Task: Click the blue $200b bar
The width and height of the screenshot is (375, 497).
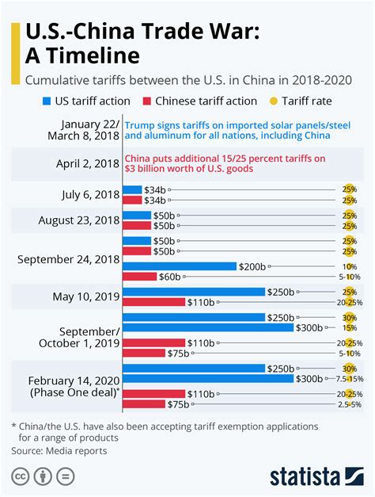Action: coord(180,266)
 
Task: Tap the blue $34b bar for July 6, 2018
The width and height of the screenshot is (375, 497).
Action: coord(132,189)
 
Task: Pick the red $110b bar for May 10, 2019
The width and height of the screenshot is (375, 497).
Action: coord(154,302)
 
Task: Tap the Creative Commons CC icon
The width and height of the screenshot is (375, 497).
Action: coord(20,477)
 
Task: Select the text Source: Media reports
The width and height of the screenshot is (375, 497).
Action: coord(59,450)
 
